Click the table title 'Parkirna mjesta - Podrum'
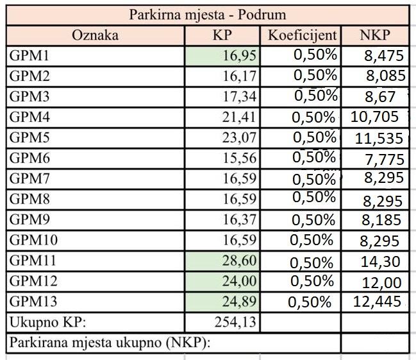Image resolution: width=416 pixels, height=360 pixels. coord(208,14)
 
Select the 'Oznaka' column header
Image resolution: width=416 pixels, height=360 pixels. coord(95,35)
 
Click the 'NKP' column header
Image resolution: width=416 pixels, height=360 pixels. coord(375,35)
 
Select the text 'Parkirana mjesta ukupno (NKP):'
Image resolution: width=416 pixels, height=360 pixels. coord(110,343)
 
